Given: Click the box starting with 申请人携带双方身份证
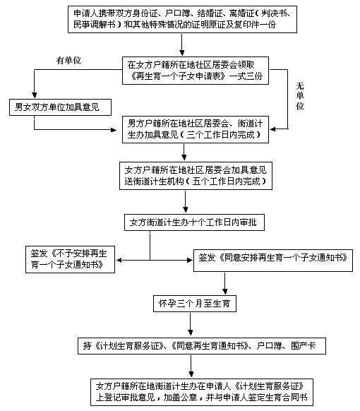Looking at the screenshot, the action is coord(182,19).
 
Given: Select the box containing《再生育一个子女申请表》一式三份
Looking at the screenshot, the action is coord(196,71).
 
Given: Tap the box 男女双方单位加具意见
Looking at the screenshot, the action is coord(60,107).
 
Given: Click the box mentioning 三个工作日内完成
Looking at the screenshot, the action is coord(196,129).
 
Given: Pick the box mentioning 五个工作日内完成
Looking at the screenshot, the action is coord(196,176).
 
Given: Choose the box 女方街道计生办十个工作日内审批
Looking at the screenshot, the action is coord(194,222).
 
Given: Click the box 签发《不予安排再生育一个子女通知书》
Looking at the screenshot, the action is coord(70,259).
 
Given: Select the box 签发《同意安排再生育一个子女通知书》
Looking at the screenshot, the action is coord(273,261).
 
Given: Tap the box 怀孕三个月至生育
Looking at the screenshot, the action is coord(195,304).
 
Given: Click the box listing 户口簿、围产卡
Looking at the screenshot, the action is coord(202,346).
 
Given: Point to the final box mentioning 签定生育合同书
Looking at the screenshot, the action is coord(202,392).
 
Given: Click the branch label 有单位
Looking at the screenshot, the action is coord(68,61).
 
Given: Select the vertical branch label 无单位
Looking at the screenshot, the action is coord(300,96).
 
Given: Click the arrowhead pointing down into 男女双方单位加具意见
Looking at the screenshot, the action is coord(35,95).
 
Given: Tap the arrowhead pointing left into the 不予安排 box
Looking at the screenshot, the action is coord(119,261).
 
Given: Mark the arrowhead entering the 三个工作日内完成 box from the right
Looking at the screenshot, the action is coord(272,129).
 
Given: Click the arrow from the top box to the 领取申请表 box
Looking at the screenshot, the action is coord(182,44).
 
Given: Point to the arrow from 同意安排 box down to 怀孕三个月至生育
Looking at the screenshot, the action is coord(224,283).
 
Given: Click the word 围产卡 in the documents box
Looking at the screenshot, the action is coord(303,346).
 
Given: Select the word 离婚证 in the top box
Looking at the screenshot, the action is coord(242,13).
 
